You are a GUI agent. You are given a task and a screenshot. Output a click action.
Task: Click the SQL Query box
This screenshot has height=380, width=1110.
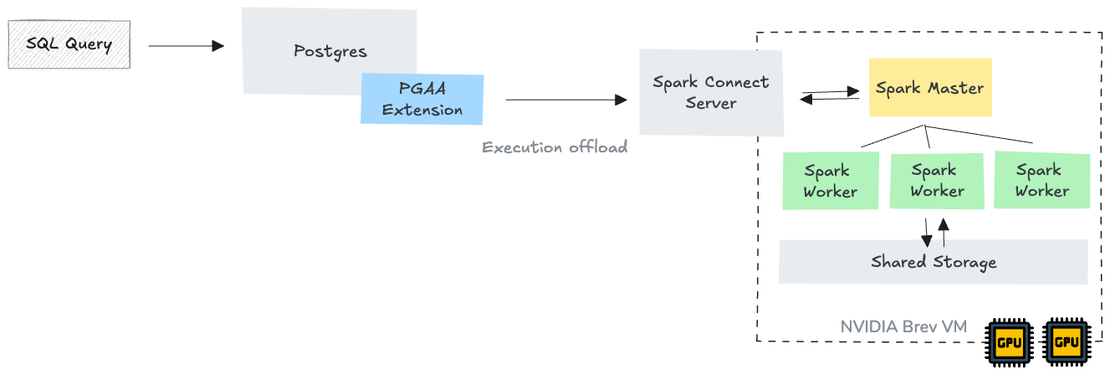pos(69,44)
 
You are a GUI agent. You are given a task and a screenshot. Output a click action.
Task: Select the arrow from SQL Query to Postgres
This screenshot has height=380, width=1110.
pos(186,46)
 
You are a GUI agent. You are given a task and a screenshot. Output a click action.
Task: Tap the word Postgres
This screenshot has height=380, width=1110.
pos(330,51)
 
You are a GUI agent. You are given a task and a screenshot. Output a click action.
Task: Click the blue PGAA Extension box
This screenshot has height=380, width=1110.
pos(422,99)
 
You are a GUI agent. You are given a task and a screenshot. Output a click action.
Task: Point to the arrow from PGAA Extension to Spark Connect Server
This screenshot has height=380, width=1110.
pos(565,100)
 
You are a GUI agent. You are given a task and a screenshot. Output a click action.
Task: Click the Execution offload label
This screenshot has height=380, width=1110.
pos(554,147)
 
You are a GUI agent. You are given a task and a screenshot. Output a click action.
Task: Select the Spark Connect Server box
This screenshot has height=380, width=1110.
pos(711,92)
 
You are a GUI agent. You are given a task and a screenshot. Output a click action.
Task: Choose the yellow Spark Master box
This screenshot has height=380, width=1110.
pos(929,87)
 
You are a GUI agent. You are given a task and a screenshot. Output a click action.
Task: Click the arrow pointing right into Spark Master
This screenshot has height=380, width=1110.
pos(831,90)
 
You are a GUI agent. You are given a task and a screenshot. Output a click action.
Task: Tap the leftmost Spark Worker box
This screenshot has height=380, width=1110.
pos(830,181)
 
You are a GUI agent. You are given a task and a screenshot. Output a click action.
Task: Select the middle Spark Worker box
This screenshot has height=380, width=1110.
pos(936,181)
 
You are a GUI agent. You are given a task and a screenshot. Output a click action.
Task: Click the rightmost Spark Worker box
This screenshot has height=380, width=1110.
pos(1041,181)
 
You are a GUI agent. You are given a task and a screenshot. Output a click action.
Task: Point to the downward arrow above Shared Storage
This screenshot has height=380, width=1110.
pos(926,232)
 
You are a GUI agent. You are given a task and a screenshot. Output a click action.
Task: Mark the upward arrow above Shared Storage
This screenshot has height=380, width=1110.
pos(944,232)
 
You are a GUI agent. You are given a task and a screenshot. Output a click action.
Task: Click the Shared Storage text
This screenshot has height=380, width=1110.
pos(934,262)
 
